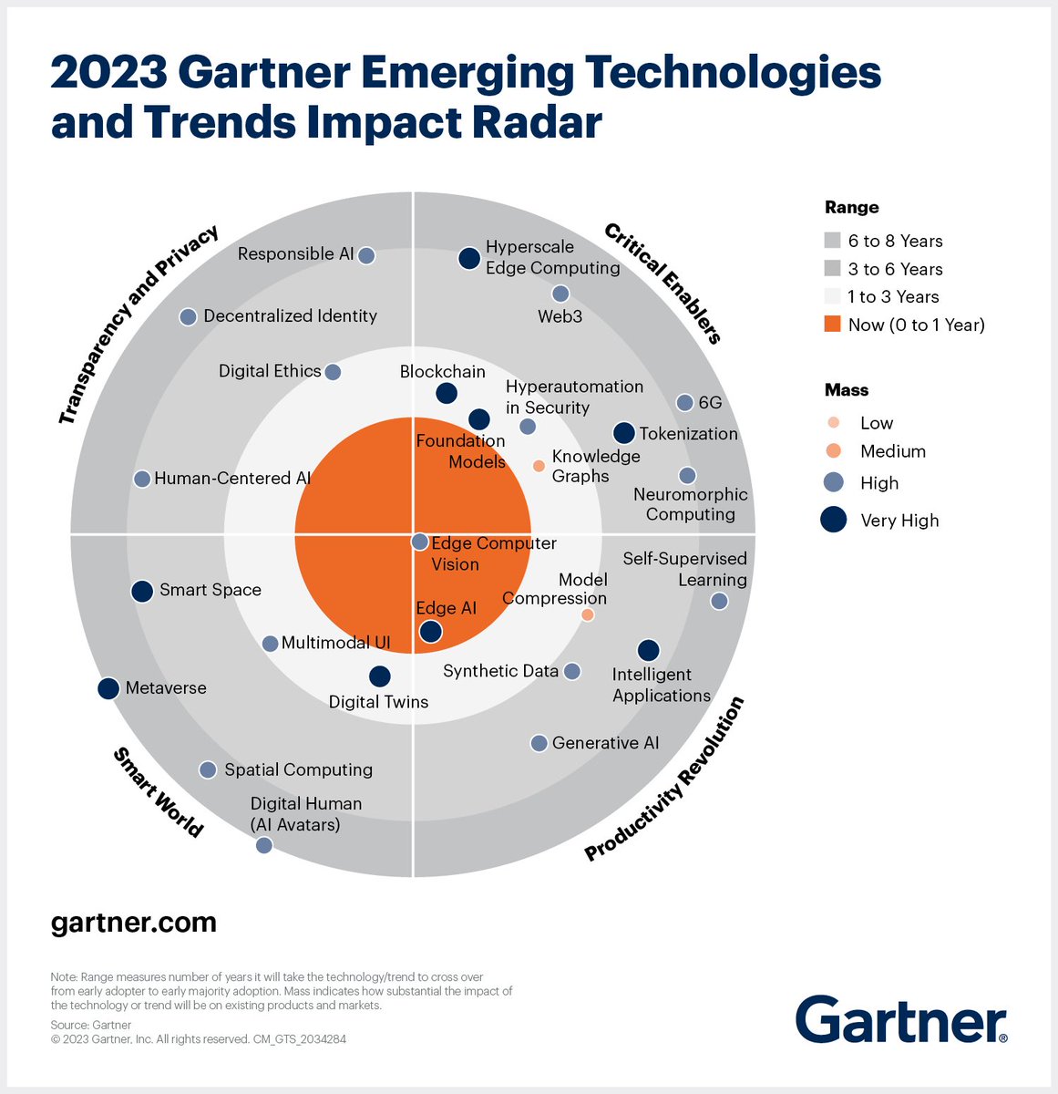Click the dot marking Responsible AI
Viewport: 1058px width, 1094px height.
[x=366, y=255]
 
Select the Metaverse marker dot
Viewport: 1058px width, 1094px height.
[x=108, y=688]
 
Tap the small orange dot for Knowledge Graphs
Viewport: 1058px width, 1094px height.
[x=539, y=466]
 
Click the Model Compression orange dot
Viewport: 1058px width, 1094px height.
[x=588, y=615]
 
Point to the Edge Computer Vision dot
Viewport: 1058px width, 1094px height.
[x=419, y=542]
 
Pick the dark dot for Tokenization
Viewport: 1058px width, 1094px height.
[x=623, y=433]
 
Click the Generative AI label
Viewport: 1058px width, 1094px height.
[x=605, y=743]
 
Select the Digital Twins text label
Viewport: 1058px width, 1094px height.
[x=378, y=702]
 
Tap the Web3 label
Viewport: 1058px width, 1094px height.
[x=560, y=315]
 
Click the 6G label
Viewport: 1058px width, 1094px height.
[x=709, y=402]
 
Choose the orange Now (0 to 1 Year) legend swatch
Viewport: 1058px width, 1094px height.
[x=832, y=325]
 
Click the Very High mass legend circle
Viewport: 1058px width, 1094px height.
[x=834, y=521]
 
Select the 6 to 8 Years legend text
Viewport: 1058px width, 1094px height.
[x=895, y=242]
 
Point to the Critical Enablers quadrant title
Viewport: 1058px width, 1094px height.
[x=663, y=284]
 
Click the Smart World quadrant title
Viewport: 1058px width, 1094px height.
[x=158, y=791]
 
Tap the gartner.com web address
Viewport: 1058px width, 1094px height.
[x=133, y=923]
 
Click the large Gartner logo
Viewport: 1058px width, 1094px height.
[x=901, y=1019]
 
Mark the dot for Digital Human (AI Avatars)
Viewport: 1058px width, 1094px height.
[x=264, y=846]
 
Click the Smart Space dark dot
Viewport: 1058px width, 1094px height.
[x=142, y=591]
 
